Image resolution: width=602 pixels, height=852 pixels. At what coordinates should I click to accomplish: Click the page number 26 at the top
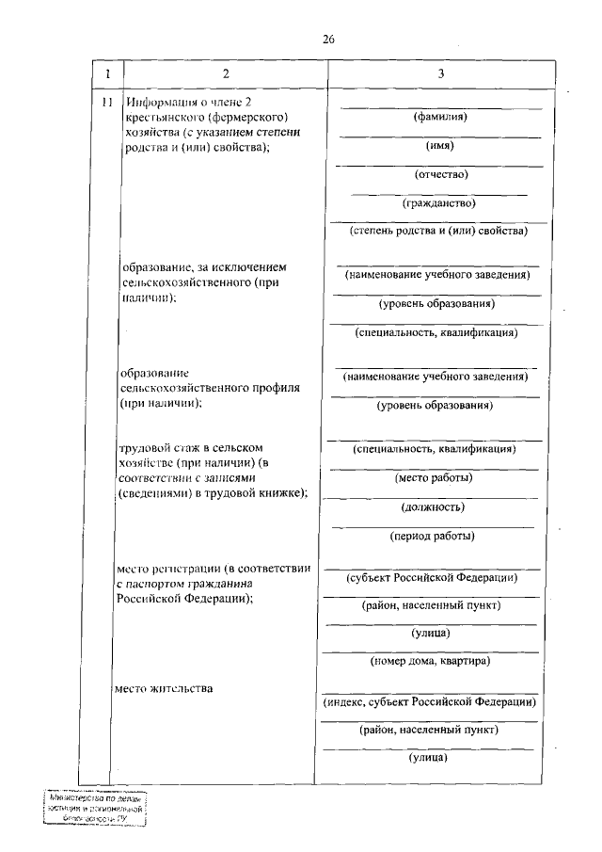328,40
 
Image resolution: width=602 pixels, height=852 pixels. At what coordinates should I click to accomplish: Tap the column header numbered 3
440,73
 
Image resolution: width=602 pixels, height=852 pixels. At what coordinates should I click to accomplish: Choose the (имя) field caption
440,145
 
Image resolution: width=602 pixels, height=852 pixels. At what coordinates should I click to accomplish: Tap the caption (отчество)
440,173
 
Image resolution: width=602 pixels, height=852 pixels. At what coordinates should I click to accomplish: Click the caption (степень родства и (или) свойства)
437,230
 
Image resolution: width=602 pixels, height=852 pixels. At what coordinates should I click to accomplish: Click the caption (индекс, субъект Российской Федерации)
430,701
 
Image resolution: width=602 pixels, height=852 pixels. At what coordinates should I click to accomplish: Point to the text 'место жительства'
164,688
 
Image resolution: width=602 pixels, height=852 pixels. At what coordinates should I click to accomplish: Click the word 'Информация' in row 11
158,103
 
